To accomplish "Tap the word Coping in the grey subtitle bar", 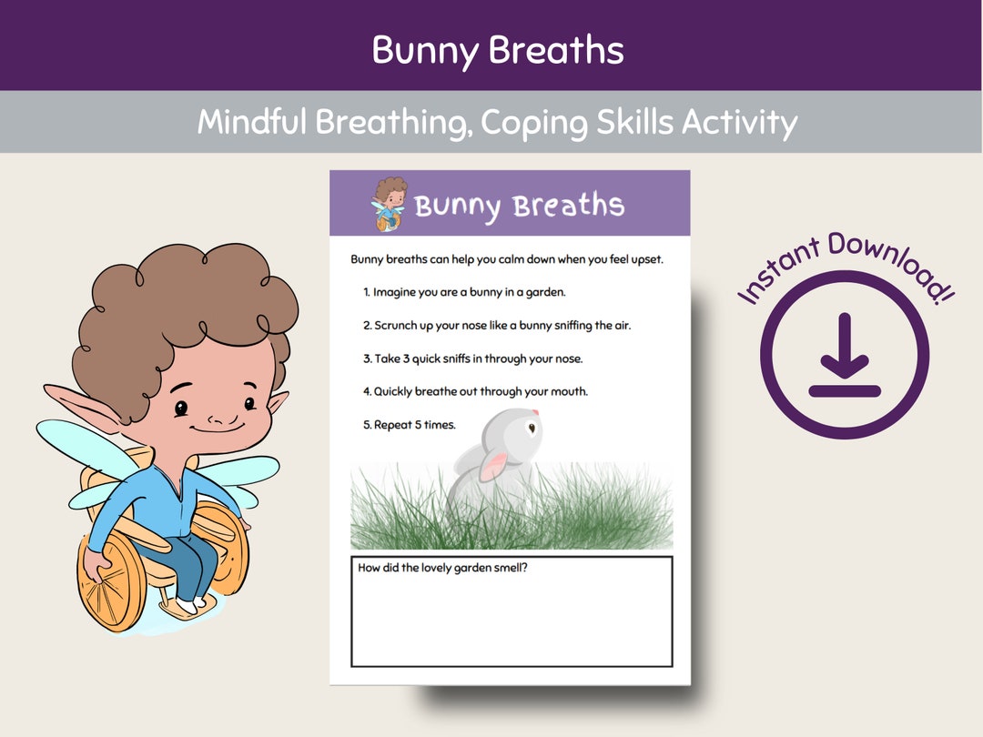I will point(527,122).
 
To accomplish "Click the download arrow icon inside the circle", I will point(844,355).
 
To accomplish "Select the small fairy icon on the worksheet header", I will point(390,204).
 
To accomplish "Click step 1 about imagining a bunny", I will point(464,292).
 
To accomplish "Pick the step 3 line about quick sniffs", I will point(472,358).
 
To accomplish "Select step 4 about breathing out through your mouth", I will point(475,391).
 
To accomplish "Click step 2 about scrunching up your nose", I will point(496,325).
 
